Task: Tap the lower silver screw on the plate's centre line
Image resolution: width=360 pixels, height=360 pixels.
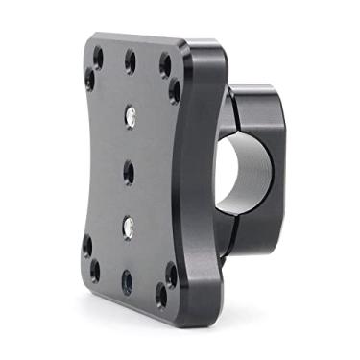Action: (x=128, y=228)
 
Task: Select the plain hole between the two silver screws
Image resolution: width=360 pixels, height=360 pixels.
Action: (x=128, y=173)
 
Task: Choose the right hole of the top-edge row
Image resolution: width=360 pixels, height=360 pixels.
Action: (x=165, y=63)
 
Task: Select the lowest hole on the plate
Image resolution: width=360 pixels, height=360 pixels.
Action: (x=127, y=281)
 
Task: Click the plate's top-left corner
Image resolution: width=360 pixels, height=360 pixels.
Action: (x=94, y=39)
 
